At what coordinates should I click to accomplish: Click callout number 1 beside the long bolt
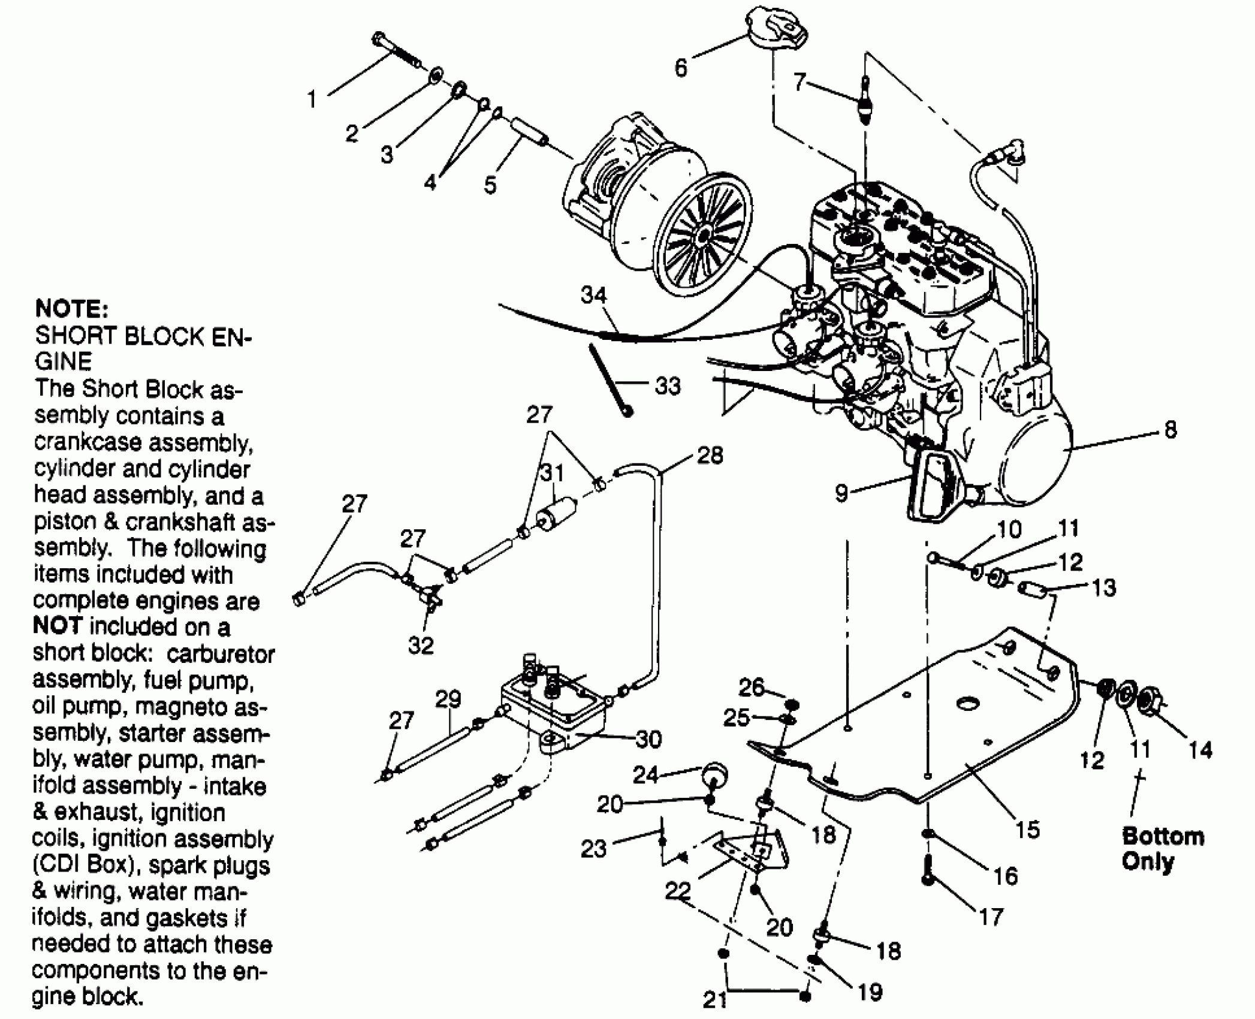[312, 99]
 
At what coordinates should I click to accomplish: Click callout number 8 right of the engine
[1170, 430]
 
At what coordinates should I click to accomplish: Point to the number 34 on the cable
[593, 295]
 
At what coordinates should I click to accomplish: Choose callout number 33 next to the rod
[668, 386]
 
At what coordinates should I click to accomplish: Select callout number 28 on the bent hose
[710, 456]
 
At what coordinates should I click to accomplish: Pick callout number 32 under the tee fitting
[420, 645]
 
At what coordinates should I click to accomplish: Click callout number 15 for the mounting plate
[1027, 830]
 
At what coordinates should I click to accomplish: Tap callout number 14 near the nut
[1200, 750]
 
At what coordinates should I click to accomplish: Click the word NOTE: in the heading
[71, 309]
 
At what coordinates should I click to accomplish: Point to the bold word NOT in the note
[57, 626]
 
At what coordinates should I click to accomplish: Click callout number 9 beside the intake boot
[841, 493]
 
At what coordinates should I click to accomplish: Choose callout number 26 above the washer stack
[751, 688]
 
